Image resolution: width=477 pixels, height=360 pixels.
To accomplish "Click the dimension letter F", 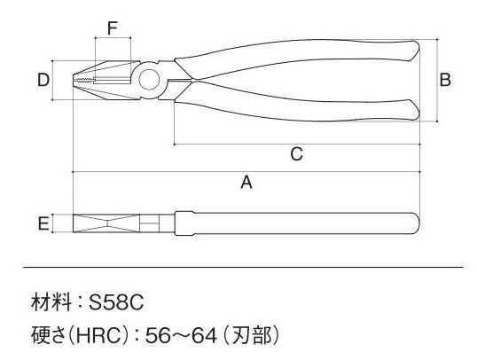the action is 113,28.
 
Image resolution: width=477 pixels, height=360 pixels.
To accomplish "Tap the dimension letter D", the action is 43,80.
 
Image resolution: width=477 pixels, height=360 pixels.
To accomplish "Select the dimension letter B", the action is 445,80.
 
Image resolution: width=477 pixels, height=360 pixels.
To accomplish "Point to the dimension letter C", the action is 297,153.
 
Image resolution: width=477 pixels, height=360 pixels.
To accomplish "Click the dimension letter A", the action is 246,183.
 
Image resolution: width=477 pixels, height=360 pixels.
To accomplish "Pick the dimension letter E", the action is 43,223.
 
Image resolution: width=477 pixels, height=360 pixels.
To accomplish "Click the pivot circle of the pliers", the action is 149,79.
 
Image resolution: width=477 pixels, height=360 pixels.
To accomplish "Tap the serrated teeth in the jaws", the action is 85,80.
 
